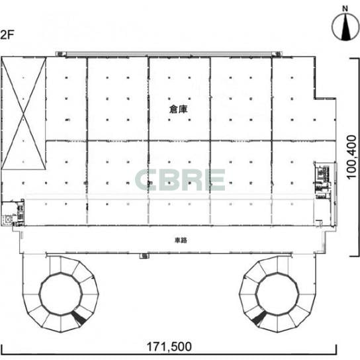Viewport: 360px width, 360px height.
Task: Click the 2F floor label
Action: coord(7,35)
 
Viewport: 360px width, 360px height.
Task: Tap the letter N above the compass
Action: coord(345,9)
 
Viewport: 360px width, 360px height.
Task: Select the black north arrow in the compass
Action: coord(345,28)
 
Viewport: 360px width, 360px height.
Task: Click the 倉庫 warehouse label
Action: coord(178,109)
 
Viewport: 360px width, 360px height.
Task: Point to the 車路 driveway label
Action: coord(181,240)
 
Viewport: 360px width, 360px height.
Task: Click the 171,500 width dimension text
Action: coord(169,347)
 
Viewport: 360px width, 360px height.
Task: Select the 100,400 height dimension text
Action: coord(351,157)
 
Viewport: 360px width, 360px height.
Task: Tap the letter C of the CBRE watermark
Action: coord(146,180)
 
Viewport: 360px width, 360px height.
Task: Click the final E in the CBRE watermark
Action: coord(215,180)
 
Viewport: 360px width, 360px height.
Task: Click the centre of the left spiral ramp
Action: coord(61,293)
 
